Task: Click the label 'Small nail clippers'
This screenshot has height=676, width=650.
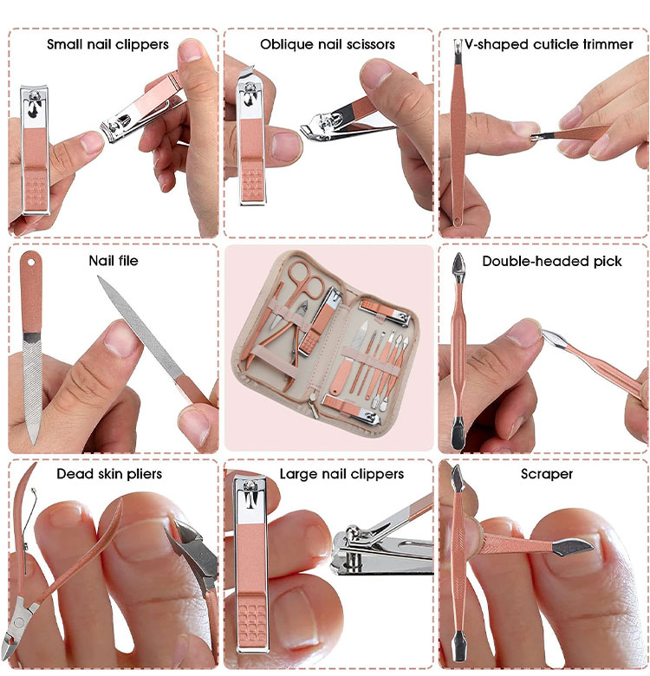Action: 107,44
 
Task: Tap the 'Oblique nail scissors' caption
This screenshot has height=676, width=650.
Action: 328,44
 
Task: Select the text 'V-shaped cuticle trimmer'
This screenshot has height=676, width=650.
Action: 549,44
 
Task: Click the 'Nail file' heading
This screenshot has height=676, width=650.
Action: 114,261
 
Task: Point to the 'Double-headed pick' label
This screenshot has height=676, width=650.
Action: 552,261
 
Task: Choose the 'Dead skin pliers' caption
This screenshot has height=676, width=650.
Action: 109,474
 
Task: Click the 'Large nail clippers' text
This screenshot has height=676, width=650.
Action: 341,474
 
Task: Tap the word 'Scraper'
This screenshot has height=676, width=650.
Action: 547,474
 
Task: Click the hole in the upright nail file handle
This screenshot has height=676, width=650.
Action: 31,262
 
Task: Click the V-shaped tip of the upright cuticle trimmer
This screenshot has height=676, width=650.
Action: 458,44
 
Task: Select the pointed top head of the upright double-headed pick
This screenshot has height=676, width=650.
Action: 458,266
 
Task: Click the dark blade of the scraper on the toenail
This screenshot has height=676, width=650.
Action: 572,547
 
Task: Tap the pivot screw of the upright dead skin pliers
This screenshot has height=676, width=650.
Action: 18,622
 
